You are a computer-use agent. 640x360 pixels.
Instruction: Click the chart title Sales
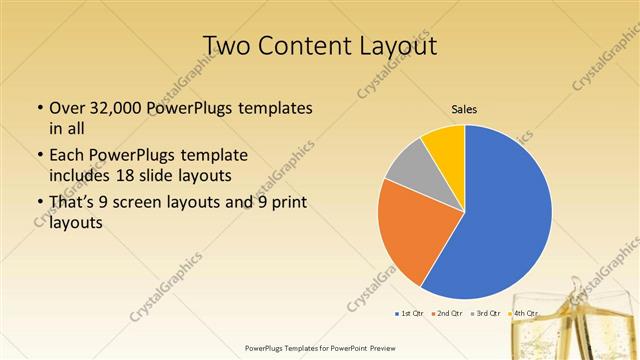[464, 109]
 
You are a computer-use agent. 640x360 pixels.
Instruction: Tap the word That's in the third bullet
[73, 203]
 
